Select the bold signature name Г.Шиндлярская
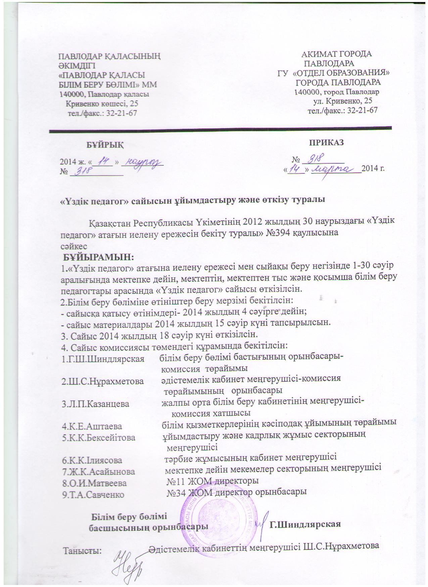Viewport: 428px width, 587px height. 305,525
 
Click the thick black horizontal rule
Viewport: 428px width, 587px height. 220,129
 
